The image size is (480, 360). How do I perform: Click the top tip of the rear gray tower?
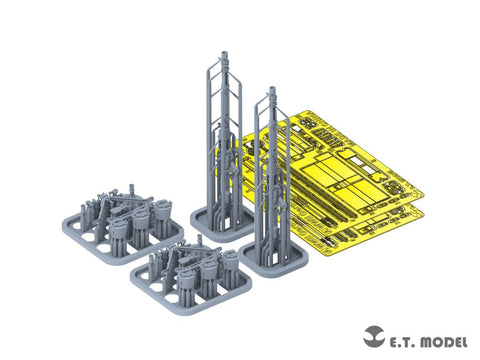tap(225, 52)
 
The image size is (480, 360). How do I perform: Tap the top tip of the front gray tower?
tap(273, 88)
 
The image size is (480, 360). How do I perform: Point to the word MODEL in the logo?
tap(444, 342)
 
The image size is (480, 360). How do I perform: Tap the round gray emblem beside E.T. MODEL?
tap(374, 336)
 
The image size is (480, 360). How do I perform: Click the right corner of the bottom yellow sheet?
tap(424, 216)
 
